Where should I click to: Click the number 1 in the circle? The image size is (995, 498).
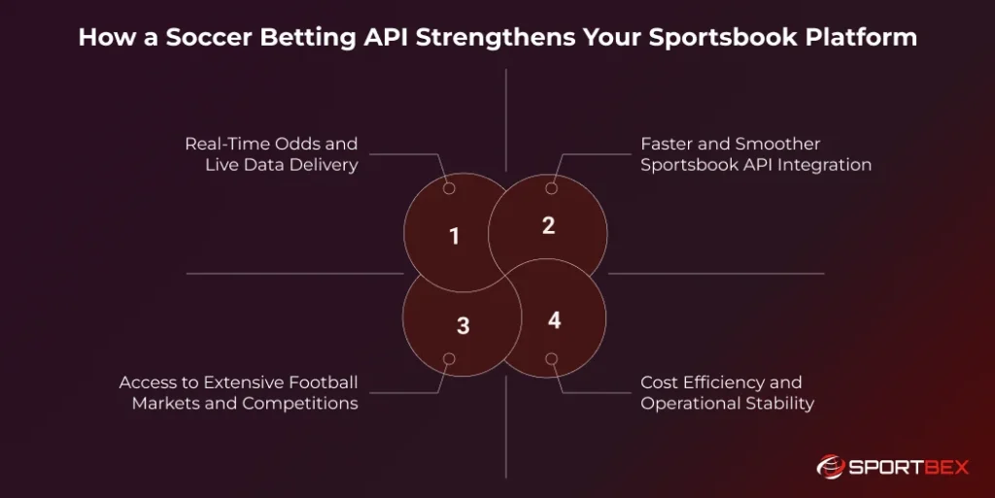point(454,236)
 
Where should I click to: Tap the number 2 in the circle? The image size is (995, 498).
point(548,225)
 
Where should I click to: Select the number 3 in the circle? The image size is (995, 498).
point(463,326)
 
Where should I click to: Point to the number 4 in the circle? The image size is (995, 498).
point(554,319)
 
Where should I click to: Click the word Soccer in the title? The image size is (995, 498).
point(206,37)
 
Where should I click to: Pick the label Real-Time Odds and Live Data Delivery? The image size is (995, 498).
point(271,154)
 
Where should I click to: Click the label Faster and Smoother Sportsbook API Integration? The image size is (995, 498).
point(755,154)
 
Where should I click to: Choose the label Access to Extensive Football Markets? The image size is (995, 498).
point(238,392)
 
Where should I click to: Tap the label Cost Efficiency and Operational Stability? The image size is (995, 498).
point(726,392)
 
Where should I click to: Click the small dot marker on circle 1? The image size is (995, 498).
point(449,188)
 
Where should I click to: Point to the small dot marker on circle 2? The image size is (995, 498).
point(552,188)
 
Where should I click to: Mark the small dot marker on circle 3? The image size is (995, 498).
point(449,359)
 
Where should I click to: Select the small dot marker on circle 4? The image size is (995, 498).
point(552,359)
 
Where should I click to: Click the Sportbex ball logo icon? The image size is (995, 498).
point(832,467)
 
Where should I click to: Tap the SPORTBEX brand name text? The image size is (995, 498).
point(909,468)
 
